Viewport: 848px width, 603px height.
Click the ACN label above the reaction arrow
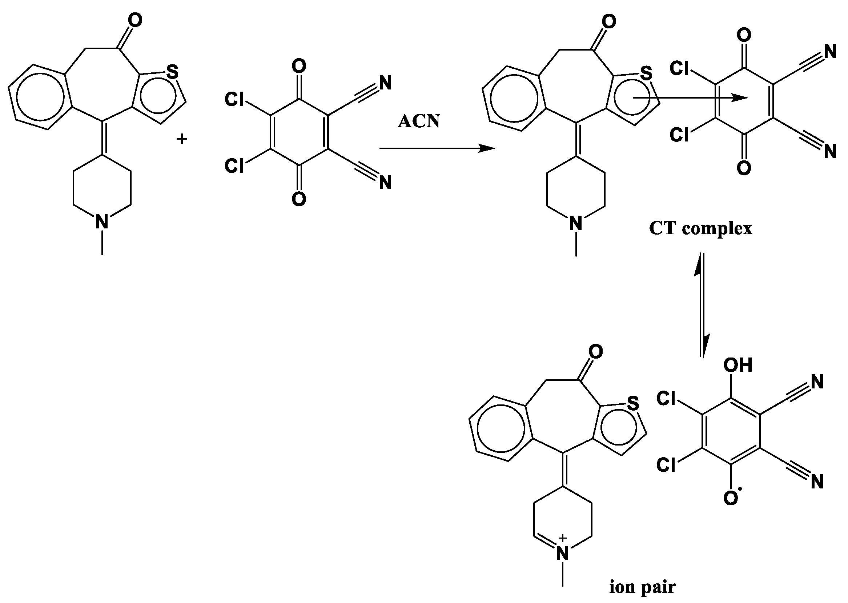pos(418,121)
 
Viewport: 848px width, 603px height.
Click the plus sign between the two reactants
pos(181,140)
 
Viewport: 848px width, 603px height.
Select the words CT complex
pos(700,228)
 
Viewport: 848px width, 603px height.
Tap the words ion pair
pos(642,587)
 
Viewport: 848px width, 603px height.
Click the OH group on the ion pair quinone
pos(738,366)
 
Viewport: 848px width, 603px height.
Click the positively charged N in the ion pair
pos(563,554)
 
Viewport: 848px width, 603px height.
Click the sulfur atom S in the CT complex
pos(646,73)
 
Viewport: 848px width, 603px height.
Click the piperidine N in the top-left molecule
pos(102,222)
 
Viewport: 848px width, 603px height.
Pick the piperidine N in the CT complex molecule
pos(576,224)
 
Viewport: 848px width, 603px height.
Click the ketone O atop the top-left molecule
pos(135,20)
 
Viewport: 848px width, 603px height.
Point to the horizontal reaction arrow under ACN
pos(437,148)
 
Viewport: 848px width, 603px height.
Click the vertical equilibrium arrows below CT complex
pos(702,305)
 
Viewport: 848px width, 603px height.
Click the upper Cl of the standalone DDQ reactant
pos(234,100)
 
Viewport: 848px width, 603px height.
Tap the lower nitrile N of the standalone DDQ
pos(386,183)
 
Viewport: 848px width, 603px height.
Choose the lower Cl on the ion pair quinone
pos(666,464)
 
